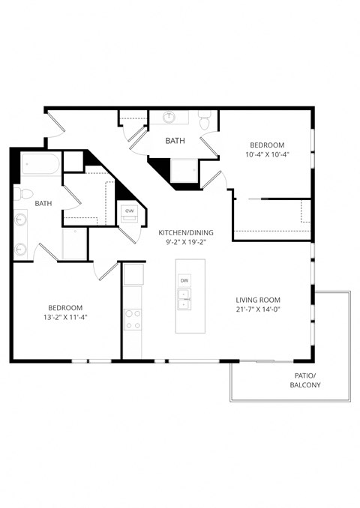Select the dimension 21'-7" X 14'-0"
[257, 309]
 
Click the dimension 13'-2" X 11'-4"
[65, 317]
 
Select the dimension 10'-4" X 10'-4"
[268, 154]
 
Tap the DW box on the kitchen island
[184, 281]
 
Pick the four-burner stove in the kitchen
[133, 320]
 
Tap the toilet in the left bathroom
[25, 195]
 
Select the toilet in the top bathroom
[203, 121]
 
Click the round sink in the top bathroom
[170, 118]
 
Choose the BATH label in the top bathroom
[175, 140]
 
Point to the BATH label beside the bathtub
[43, 203]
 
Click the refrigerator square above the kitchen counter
[133, 275]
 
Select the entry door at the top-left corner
[55, 127]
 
